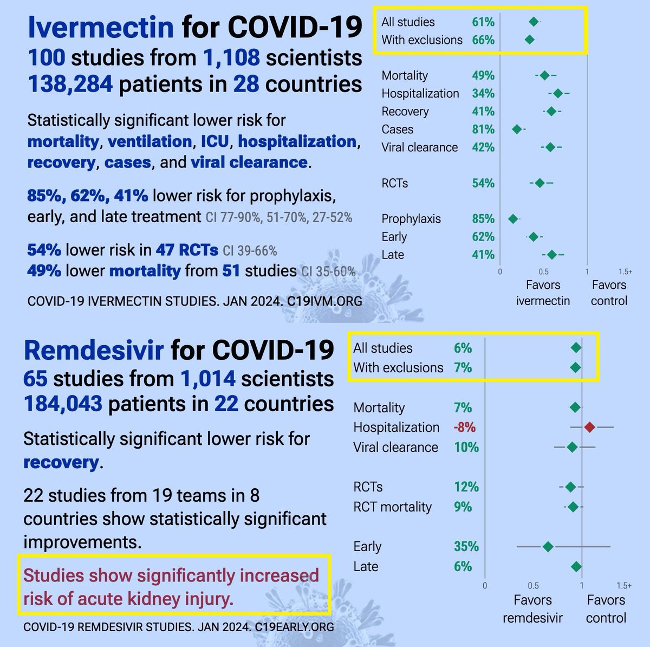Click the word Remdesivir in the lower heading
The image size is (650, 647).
click(94, 350)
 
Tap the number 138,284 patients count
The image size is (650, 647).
click(70, 84)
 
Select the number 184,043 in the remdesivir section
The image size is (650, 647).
click(63, 404)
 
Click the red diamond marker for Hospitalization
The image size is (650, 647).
click(590, 428)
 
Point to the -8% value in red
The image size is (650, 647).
click(464, 428)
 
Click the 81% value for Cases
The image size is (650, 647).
click(483, 130)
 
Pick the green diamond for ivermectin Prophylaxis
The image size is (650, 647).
click(513, 219)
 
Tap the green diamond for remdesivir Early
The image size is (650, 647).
click(548, 546)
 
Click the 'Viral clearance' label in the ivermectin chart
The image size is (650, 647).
click(419, 147)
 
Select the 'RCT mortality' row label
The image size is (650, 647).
click(392, 507)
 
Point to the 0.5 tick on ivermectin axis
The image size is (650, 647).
click(543, 272)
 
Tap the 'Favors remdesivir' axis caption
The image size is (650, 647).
click(532, 609)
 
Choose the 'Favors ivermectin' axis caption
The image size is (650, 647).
click(543, 293)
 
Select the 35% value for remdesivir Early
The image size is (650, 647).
click(466, 546)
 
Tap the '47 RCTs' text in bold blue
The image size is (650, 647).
click(187, 250)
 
